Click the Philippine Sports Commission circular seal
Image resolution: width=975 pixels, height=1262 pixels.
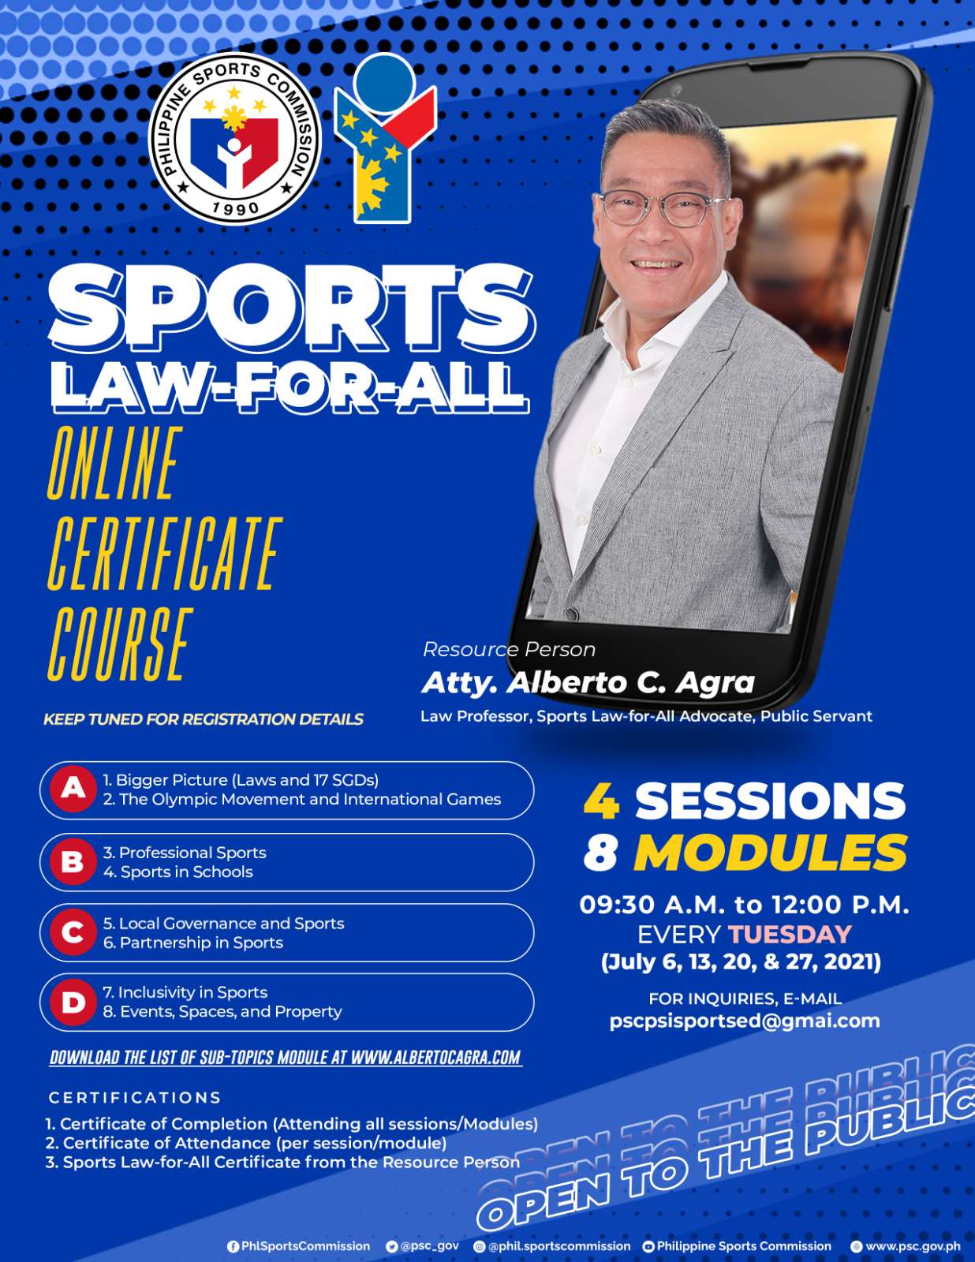234,139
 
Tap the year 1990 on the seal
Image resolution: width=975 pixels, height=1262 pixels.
235,208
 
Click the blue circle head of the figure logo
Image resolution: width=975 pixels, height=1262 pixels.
384,83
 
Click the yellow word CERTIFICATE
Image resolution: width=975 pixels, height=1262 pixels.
165,553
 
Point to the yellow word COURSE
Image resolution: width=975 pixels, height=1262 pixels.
120,644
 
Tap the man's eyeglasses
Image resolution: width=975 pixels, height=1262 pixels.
662,207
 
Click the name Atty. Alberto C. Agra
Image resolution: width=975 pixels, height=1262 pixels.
588,683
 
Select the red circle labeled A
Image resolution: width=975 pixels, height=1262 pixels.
73,788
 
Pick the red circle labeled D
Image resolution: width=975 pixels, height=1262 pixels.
73,1003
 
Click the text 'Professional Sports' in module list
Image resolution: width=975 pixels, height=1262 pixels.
192,853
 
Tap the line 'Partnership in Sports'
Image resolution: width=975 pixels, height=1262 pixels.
201,943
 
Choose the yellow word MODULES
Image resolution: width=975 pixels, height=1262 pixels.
771,853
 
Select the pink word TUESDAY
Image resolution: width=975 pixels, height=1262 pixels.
790,935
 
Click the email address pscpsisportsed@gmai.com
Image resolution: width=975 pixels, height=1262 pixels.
745,1021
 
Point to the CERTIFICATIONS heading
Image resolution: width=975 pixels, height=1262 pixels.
135,1098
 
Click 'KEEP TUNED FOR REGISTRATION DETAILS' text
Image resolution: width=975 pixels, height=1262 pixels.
204,719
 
